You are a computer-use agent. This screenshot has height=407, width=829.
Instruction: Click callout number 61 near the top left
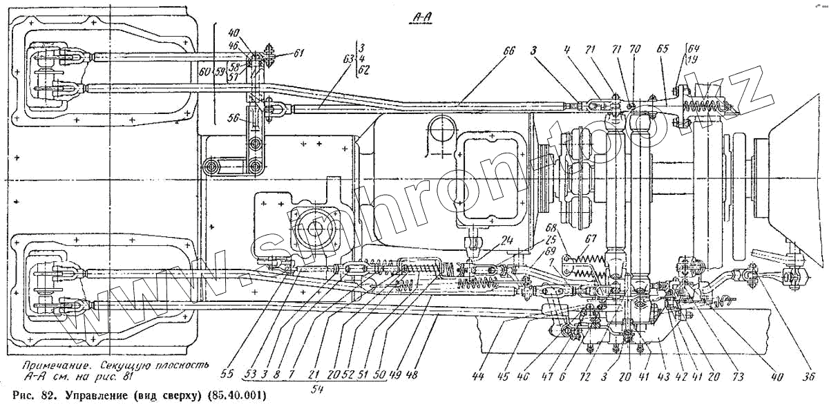click(x=298, y=53)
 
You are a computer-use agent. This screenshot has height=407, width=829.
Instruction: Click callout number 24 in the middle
click(x=508, y=241)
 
